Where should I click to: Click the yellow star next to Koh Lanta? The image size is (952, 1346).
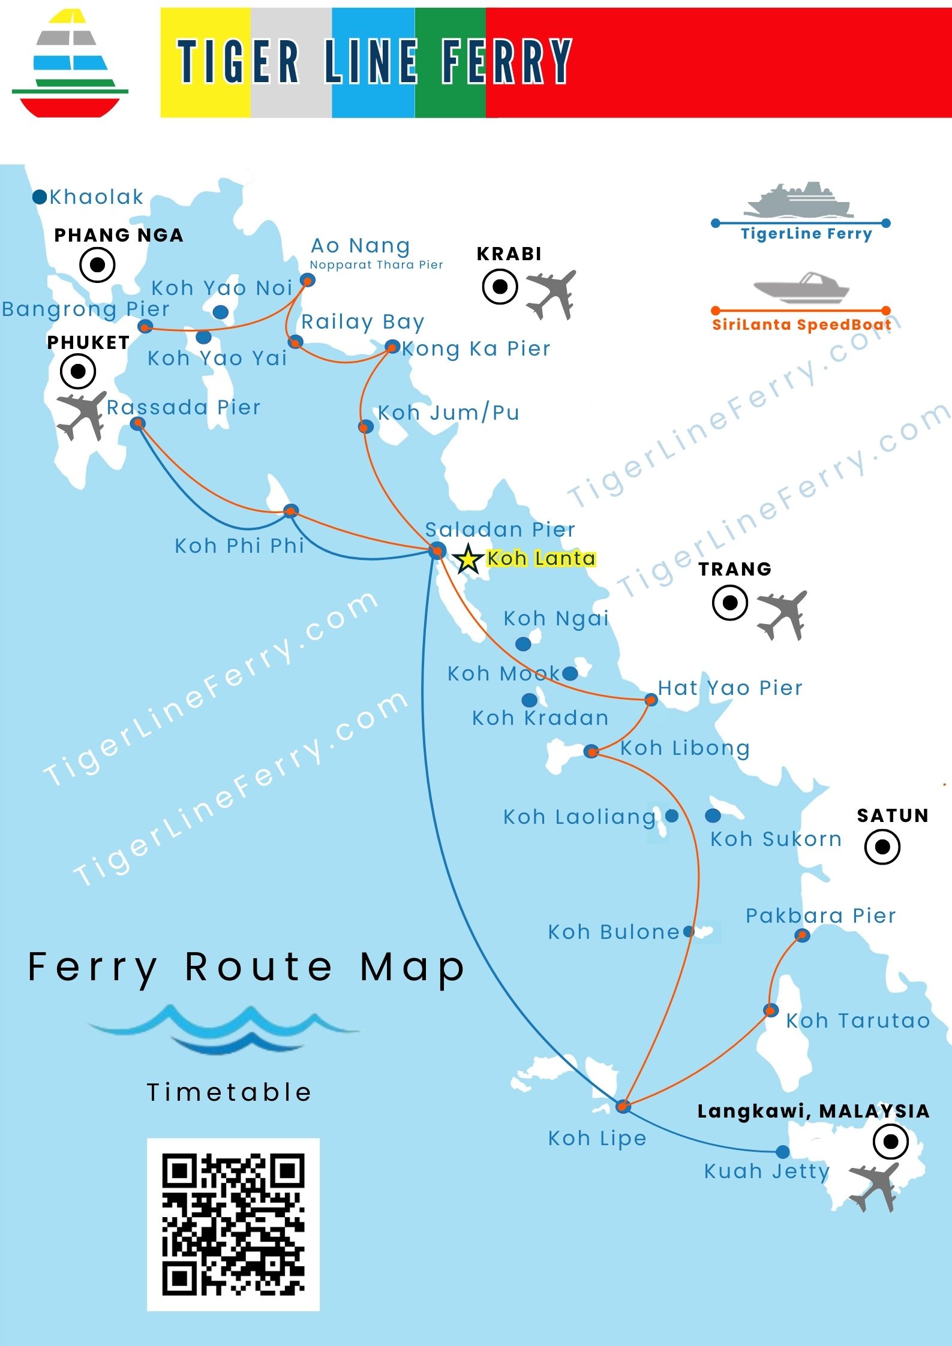click(468, 559)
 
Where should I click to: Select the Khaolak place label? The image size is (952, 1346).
click(96, 197)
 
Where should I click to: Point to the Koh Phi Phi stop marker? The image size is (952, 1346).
click(291, 511)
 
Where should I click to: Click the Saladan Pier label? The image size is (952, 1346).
click(500, 529)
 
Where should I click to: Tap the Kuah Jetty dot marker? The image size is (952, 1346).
click(782, 1152)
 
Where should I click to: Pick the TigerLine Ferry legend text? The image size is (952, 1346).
click(806, 234)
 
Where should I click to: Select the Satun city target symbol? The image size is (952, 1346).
click(882, 847)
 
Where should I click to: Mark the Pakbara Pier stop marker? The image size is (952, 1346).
click(802, 935)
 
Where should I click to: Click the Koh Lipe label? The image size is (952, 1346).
click(597, 1138)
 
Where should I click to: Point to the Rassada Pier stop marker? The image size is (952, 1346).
click(138, 424)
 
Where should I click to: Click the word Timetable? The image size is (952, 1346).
click(229, 1092)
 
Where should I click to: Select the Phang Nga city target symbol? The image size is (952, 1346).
click(97, 264)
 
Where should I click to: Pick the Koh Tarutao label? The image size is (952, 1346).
click(858, 1020)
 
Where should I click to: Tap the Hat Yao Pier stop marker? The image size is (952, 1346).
click(651, 700)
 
